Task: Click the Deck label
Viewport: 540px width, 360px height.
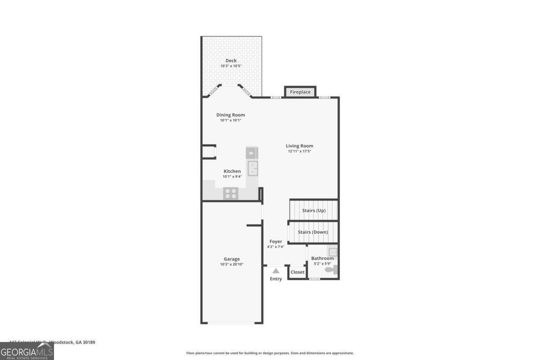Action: [231, 61]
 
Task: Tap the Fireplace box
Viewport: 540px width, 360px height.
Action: [300, 92]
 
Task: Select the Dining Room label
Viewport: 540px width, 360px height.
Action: [230, 115]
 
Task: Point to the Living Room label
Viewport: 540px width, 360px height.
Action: [300, 146]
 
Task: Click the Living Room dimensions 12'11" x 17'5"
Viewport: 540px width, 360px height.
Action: [300, 152]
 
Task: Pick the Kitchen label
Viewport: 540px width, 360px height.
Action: [232, 171]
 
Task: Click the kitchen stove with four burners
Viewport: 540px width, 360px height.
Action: [231, 193]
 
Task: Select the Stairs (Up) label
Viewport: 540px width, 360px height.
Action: [314, 210]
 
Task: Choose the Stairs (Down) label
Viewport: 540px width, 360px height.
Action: [313, 232]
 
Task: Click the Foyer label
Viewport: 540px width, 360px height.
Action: [276, 242]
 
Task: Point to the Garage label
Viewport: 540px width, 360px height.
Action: [232, 259]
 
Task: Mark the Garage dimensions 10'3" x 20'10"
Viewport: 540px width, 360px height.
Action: [232, 265]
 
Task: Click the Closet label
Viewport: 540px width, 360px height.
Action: [297, 272]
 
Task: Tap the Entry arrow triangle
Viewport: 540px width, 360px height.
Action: [276, 271]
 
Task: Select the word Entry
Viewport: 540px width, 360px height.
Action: [276, 279]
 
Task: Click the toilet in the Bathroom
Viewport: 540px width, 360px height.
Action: [332, 270]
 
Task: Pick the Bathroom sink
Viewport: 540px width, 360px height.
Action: [333, 252]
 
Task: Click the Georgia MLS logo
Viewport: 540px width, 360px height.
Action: [27, 351]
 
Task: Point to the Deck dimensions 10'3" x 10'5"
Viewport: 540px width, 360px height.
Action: [231, 66]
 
